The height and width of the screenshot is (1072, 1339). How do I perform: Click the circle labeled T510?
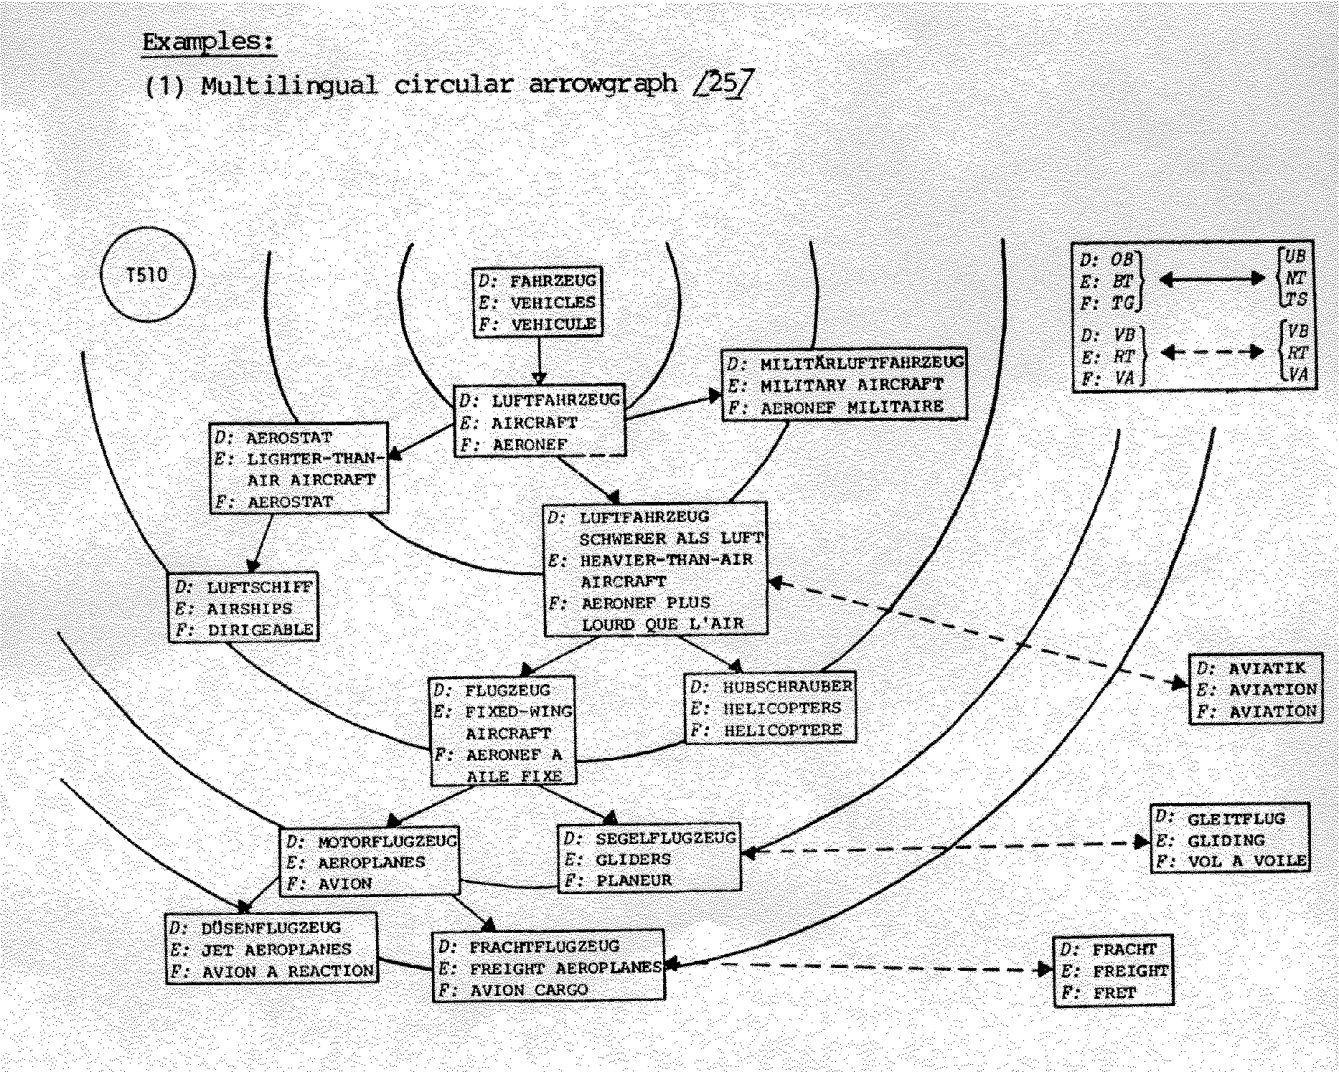click(147, 275)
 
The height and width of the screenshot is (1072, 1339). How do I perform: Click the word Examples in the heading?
click(208, 42)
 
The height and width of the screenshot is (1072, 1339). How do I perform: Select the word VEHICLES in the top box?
click(553, 303)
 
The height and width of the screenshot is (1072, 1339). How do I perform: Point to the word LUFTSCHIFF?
click(260, 587)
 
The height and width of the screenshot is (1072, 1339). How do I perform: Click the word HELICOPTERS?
click(781, 708)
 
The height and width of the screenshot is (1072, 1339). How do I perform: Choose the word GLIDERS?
click(634, 859)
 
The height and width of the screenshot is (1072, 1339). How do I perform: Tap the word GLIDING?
click(1226, 840)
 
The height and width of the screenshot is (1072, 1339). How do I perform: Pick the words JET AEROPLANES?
click(276, 949)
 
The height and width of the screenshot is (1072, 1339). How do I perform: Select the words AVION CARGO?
click(528, 990)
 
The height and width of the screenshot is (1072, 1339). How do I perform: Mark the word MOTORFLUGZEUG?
click(387, 841)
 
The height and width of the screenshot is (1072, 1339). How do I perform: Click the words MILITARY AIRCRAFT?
click(851, 385)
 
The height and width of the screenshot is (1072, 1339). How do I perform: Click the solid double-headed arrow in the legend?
click(1212, 279)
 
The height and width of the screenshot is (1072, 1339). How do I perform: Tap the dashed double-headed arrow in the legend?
click(1212, 351)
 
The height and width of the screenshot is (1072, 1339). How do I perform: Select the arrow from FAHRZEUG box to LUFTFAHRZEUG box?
click(540, 361)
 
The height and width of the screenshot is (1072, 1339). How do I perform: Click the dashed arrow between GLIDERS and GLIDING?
click(947, 848)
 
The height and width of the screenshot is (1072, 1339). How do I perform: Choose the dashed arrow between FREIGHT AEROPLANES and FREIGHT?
click(861, 967)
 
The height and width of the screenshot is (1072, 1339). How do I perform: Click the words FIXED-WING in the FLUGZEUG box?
click(519, 712)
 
